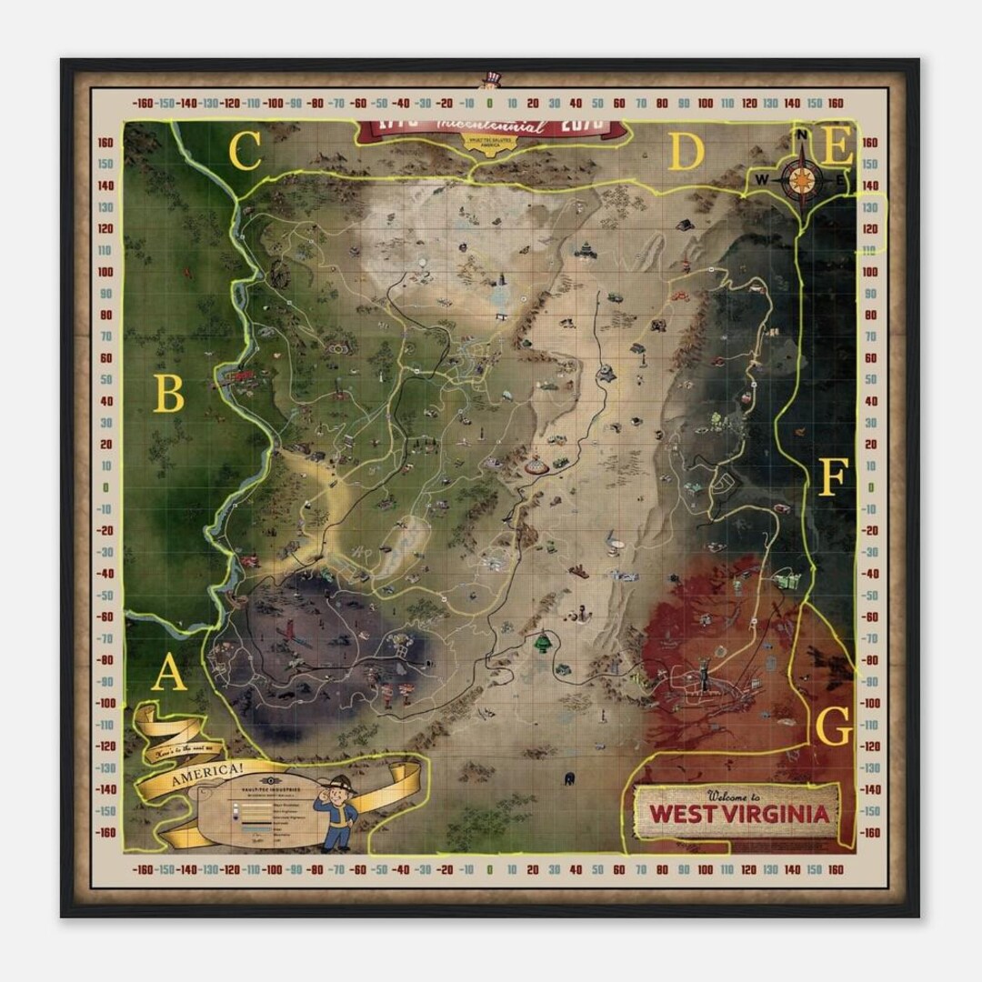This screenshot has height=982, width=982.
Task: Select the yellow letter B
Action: [x=169, y=396]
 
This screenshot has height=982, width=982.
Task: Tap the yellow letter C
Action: [x=245, y=153]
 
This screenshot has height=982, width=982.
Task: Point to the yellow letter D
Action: [x=686, y=153]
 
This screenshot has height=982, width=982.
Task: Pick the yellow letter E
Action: [x=837, y=145]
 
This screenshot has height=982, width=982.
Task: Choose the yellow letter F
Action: [x=833, y=477]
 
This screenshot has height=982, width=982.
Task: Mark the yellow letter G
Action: [x=834, y=726]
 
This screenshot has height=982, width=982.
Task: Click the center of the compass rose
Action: [x=801, y=180]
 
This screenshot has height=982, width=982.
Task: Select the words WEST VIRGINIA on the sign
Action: [x=740, y=813]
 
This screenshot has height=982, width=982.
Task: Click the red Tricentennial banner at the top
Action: [x=491, y=128]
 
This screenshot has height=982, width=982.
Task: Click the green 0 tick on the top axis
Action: [x=490, y=104]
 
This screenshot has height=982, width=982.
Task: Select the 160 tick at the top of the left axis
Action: [x=105, y=142]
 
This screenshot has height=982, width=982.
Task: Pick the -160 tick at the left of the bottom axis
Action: [x=143, y=870]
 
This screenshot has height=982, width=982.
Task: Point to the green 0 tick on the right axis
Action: [x=869, y=487]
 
